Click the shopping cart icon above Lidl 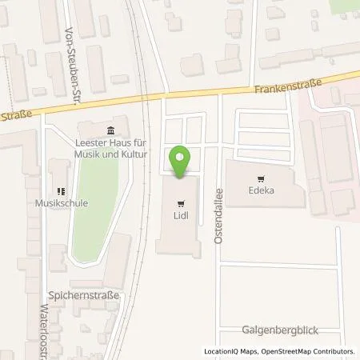182,203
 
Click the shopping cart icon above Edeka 259,179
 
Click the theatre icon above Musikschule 59,190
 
